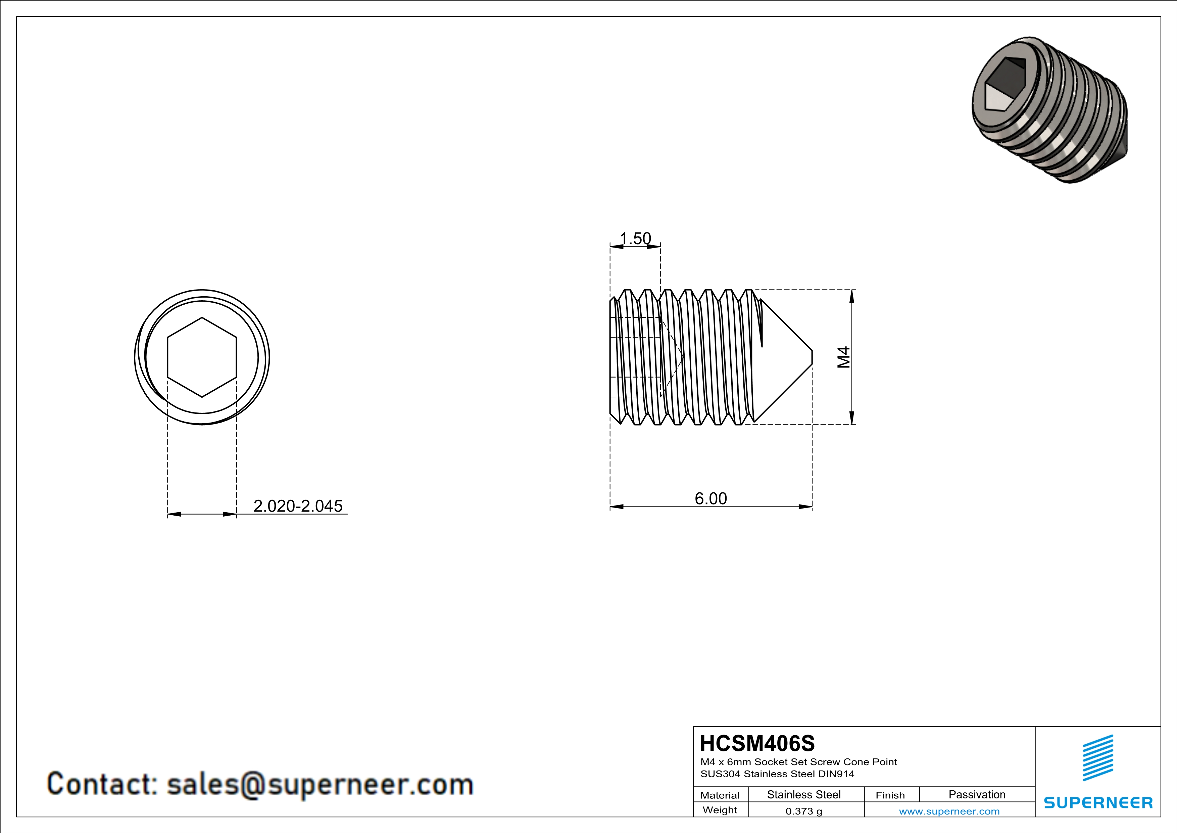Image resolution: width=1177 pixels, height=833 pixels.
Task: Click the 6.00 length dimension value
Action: pos(710,498)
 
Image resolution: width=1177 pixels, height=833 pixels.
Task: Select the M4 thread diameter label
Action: pos(843,357)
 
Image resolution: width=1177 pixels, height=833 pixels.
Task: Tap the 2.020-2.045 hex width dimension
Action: pos(298,506)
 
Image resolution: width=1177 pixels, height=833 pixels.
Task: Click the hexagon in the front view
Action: pos(202,357)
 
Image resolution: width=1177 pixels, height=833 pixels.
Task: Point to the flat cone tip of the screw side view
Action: pos(812,357)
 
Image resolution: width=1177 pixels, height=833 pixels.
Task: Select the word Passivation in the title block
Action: pos(977,794)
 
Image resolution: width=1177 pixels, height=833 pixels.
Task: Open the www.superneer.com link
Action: pos(949,811)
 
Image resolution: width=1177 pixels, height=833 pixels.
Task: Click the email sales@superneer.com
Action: pos(320,785)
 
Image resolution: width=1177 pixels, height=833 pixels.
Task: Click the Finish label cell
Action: pos(890,795)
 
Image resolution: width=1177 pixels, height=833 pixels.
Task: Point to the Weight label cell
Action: pos(720,810)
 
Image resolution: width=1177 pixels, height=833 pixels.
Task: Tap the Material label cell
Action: pos(720,795)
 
